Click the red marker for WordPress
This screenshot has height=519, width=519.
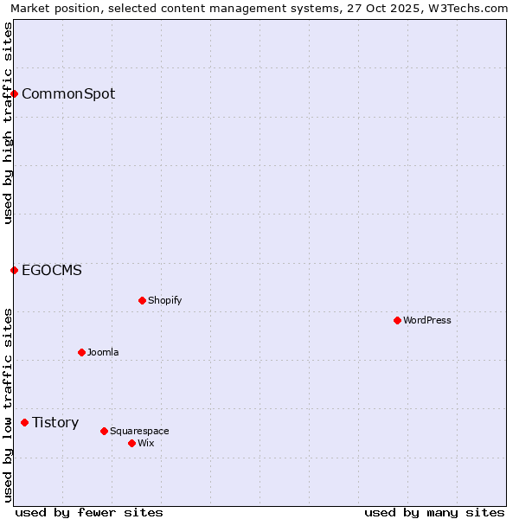[397, 320]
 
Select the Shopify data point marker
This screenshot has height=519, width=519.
[142, 300]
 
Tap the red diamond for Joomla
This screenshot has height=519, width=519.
[81, 352]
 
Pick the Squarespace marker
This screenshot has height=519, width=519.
[104, 431]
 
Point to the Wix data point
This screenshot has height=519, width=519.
[131, 443]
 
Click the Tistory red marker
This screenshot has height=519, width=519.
[24, 422]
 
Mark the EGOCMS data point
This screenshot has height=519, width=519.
[14, 270]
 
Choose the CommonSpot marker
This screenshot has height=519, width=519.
[14, 93]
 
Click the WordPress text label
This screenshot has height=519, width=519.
[427, 320]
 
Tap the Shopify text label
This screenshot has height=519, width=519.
[164, 300]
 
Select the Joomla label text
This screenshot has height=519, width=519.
[103, 352]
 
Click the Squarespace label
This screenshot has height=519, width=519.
[139, 431]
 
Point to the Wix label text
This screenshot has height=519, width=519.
[146, 443]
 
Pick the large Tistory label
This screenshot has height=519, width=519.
[55, 422]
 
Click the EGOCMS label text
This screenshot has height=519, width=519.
[52, 270]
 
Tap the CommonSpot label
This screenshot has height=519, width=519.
[68, 93]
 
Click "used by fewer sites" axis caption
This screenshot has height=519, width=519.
[89, 512]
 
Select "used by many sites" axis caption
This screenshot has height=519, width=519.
[434, 512]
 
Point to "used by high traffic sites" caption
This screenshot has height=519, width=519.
[8, 123]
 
